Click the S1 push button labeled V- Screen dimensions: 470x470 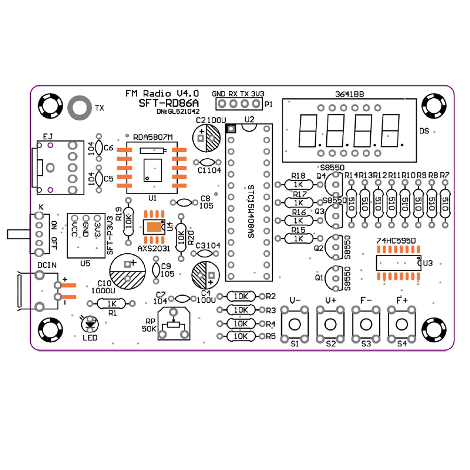coord(295,324)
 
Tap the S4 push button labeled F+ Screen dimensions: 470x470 coord(401,324)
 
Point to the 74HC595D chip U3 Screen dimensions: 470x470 coord(398,263)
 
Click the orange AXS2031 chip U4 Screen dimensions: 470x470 coord(154,227)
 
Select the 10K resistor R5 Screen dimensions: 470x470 coord(241,336)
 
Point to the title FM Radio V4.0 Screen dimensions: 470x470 coord(162,93)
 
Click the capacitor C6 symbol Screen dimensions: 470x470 coord(99,148)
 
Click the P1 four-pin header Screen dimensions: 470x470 coord(238,104)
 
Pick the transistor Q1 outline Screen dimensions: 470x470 coord(334,278)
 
